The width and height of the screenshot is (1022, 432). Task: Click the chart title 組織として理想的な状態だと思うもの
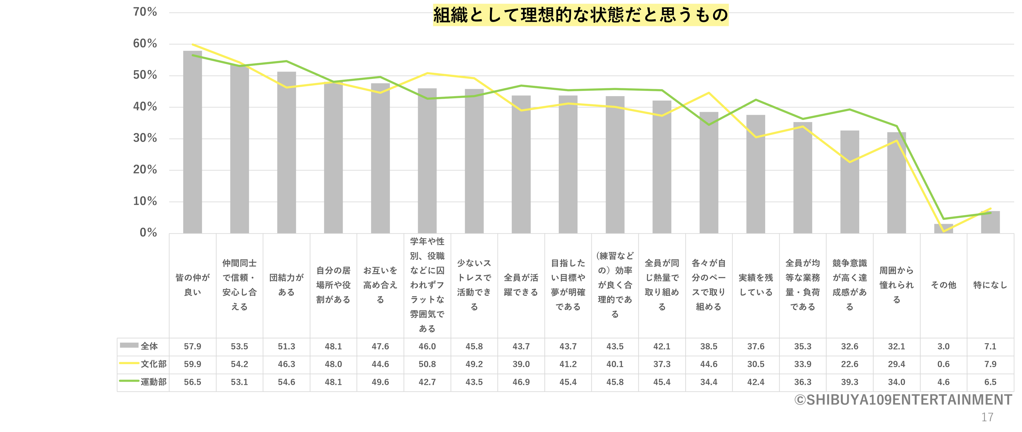click(x=580, y=15)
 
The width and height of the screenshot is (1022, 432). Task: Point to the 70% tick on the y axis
click(x=145, y=12)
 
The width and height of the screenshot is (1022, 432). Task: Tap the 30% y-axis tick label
click(x=145, y=138)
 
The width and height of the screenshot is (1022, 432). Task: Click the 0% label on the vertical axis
click(x=148, y=233)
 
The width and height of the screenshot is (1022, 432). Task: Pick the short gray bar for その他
click(x=943, y=228)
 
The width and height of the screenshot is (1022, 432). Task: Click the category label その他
click(x=943, y=285)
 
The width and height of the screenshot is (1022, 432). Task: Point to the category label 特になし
click(x=990, y=285)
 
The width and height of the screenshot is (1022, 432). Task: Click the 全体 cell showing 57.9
click(x=192, y=346)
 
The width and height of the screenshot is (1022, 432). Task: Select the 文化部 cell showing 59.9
click(x=192, y=364)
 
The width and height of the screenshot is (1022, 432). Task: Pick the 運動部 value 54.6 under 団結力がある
click(x=286, y=382)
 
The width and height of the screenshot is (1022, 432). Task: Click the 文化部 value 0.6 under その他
click(x=943, y=364)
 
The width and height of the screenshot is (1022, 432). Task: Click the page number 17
click(x=987, y=417)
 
